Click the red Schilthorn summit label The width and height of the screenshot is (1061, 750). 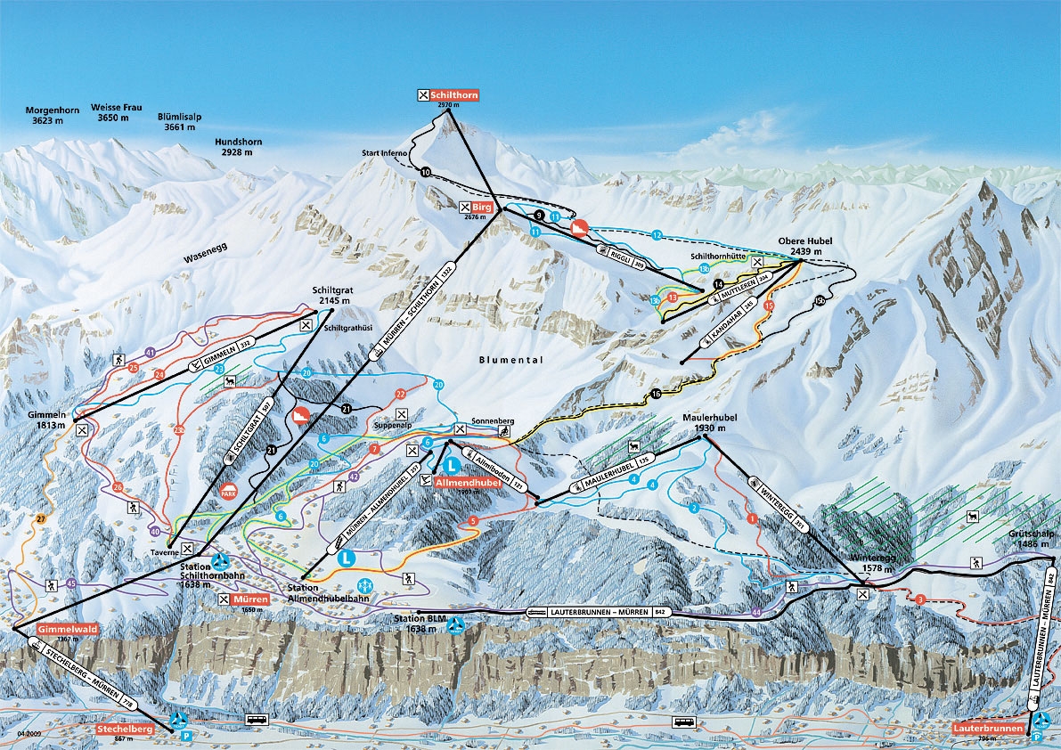point(453,94)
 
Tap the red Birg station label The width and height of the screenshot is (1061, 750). point(483,207)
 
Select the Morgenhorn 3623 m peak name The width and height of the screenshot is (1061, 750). point(53,114)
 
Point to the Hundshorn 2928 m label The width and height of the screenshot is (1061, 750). point(237,146)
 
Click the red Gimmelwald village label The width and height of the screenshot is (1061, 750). point(66,628)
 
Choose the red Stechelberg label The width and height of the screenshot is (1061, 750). point(125,729)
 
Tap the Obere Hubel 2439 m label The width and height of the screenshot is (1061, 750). point(805,247)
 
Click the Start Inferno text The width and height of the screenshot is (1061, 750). point(384,153)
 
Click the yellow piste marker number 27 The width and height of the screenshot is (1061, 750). point(39,518)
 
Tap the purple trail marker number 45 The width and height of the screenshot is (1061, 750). point(71,583)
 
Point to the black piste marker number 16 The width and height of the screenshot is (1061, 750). point(657,393)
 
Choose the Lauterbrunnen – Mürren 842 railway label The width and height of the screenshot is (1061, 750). point(598,612)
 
